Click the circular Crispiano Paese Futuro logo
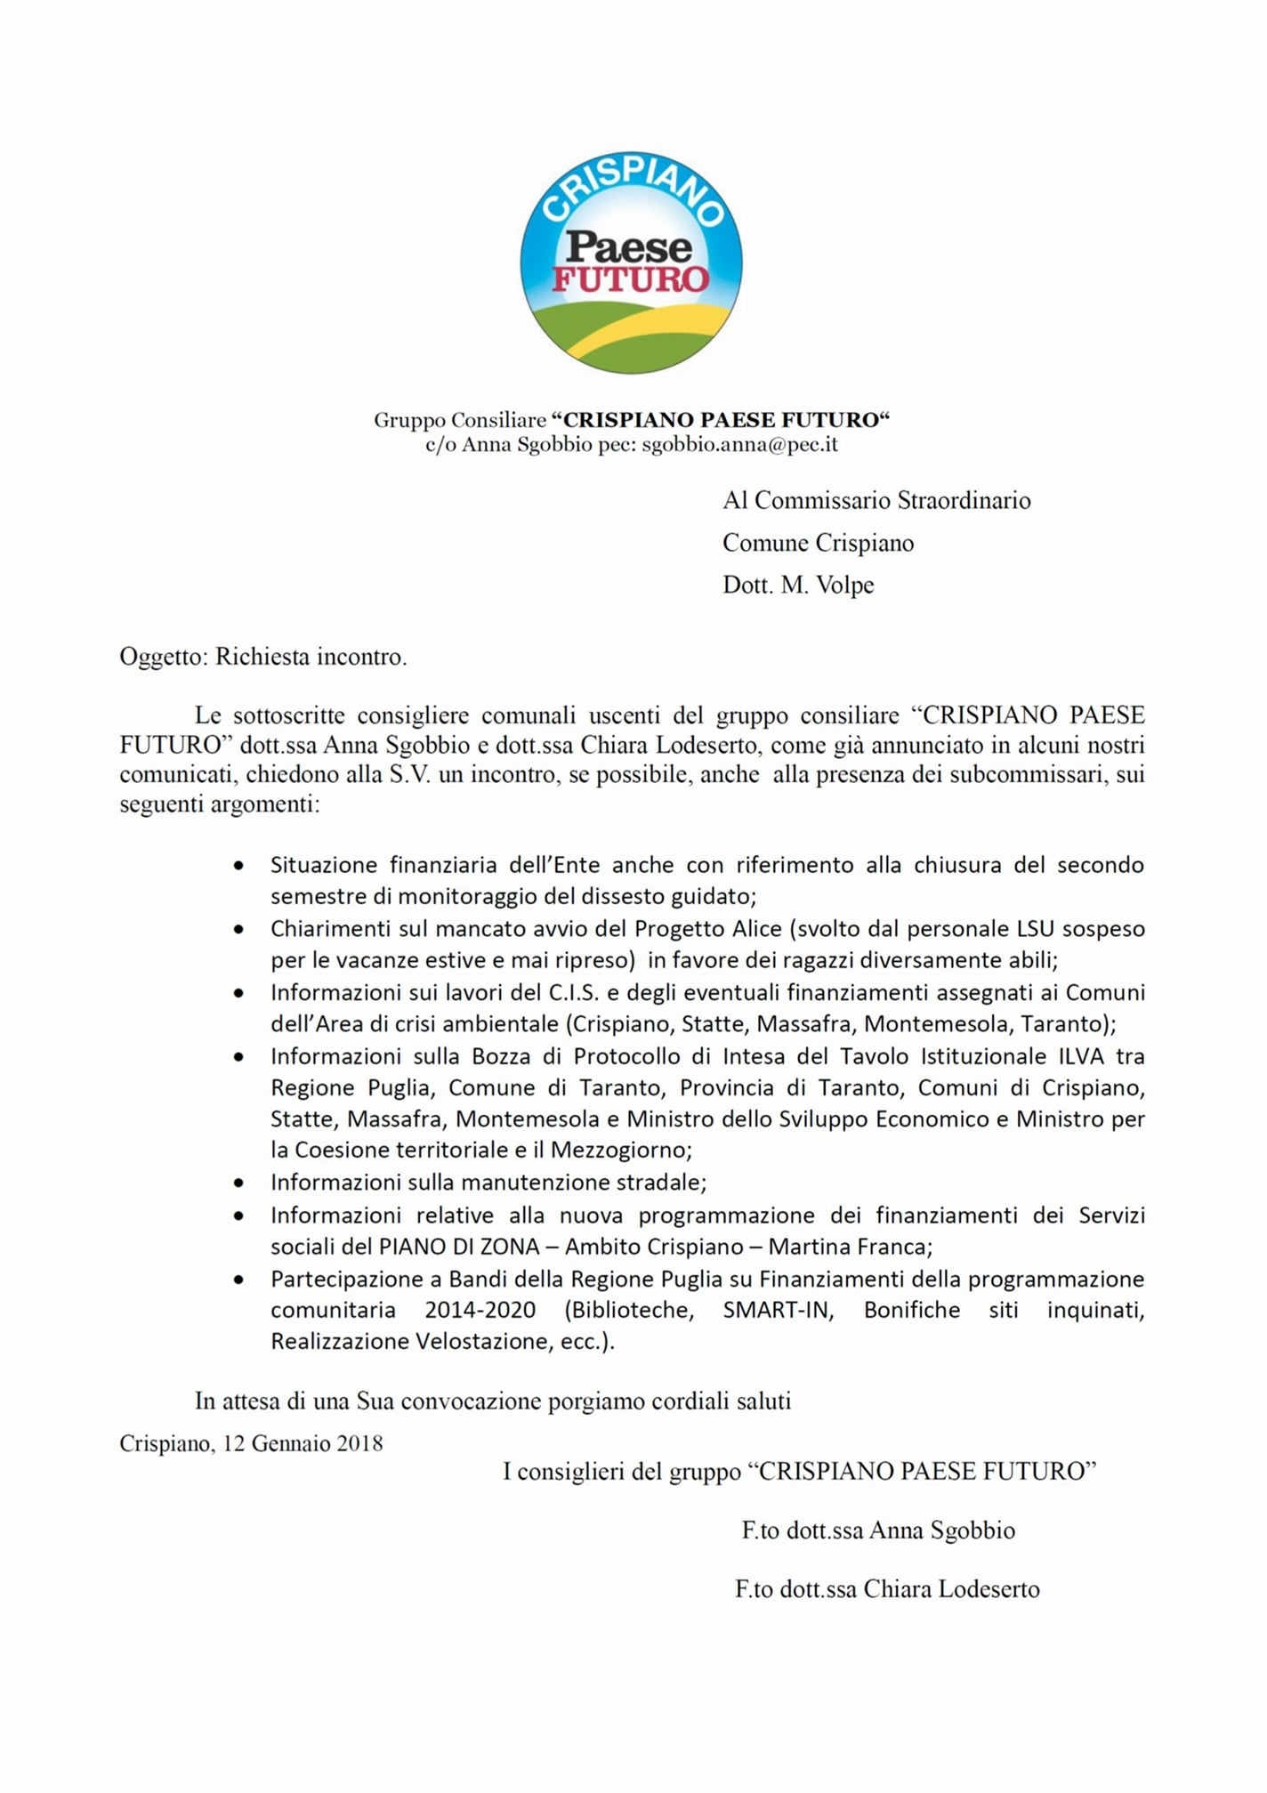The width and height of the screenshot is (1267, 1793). click(x=631, y=262)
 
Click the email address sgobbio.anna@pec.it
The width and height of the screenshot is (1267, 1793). click(x=739, y=444)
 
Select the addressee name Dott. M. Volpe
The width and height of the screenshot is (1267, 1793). click(x=798, y=585)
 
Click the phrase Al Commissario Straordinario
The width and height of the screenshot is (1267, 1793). click(x=876, y=500)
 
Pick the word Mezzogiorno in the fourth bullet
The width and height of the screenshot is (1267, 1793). click(x=620, y=1150)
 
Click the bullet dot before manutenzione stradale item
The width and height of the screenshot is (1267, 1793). click(x=238, y=1183)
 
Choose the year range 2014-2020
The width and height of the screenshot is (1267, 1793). click(x=480, y=1310)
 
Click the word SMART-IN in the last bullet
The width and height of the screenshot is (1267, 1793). click(x=778, y=1310)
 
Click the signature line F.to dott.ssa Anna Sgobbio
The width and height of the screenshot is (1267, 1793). click(x=878, y=1530)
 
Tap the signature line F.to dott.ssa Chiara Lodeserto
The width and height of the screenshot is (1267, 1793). click(x=887, y=1588)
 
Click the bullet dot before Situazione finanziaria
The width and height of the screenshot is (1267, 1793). click(x=238, y=865)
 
